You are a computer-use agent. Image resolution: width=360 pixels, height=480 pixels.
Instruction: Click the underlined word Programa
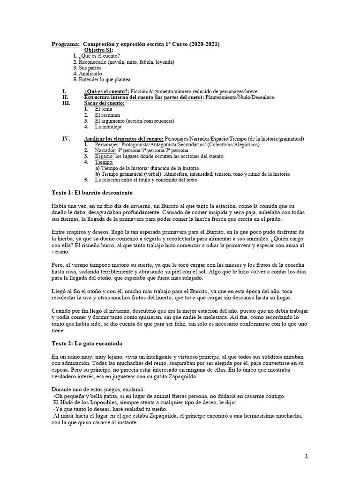[x=65, y=44]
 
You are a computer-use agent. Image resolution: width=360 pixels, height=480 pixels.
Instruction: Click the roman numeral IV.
[x=66, y=139]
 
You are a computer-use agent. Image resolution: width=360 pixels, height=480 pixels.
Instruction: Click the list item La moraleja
[x=109, y=127]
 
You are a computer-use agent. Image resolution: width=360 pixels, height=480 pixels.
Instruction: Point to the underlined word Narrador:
[x=105, y=150]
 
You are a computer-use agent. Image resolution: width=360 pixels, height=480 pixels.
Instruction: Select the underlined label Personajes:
[x=107, y=145]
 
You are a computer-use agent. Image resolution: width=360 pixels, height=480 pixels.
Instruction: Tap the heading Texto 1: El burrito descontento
[x=92, y=193]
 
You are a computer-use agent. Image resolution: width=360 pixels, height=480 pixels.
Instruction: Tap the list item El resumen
[x=107, y=115]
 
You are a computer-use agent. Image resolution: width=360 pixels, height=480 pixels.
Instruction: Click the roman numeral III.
[x=66, y=103]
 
